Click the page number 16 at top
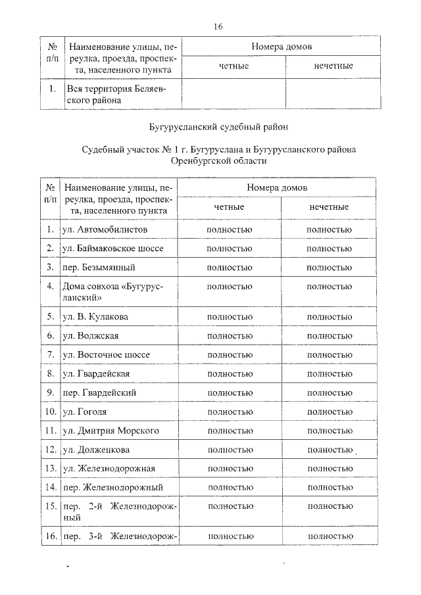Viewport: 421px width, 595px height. point(218,27)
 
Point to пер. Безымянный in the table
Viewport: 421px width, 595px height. point(99,268)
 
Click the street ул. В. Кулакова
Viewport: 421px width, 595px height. point(96,316)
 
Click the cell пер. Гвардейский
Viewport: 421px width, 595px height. point(100,393)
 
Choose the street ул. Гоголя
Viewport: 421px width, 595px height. point(85,412)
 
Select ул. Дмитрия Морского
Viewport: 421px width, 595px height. point(111,431)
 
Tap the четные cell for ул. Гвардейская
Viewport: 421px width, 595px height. point(229,373)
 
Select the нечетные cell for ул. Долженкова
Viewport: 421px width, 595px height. point(329,450)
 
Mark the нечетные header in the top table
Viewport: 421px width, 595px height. point(334,66)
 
